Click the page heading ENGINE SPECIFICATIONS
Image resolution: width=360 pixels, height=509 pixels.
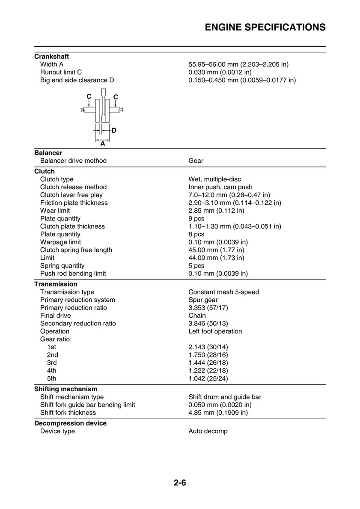tap(265, 27)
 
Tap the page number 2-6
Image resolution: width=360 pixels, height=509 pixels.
tap(180, 483)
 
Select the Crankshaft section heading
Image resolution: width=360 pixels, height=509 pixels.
tap(51, 57)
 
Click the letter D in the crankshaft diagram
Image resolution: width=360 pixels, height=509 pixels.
tap(114, 130)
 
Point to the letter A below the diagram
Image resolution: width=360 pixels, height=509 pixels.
tap(103, 144)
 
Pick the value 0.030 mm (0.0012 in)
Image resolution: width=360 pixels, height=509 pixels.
tap(220, 72)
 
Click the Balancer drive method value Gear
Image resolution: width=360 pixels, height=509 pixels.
tap(196, 161)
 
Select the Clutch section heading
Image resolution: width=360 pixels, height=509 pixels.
tap(44, 172)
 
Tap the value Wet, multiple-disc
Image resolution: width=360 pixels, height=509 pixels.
tap(217, 179)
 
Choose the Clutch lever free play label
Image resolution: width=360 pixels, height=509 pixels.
tap(71, 195)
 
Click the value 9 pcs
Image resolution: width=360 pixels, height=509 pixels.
tap(196, 219)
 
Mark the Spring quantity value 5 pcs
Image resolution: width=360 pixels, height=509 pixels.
tap(196, 266)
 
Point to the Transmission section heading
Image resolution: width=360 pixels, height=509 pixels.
tap(56, 284)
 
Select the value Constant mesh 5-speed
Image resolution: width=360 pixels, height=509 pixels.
tap(223, 292)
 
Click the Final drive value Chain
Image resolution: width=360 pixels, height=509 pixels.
tap(197, 316)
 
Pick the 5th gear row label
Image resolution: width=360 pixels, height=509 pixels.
tap(51, 378)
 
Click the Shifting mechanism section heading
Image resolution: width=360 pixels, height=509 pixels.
tap(65, 389)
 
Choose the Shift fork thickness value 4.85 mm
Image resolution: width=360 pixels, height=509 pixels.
tap(218, 413)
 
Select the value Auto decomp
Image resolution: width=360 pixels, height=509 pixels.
tap(208, 431)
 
